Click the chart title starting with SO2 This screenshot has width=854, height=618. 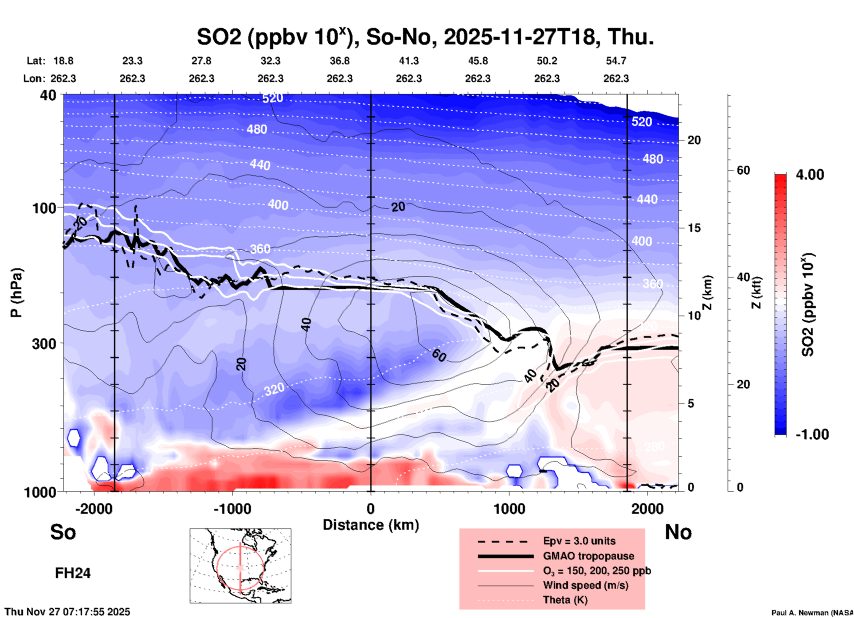coord(425,37)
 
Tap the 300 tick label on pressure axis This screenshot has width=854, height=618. coord(44,344)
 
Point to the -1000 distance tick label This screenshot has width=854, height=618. coord(232,509)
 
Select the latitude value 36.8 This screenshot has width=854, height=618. coord(340,61)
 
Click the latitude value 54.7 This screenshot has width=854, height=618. coord(616,61)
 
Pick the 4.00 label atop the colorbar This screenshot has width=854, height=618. coord(810,175)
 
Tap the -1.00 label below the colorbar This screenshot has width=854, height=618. coord(811,434)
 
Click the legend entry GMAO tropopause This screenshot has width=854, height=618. coord(588,556)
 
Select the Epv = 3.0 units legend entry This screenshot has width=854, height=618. coord(579,541)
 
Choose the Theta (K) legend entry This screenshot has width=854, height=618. coord(565,600)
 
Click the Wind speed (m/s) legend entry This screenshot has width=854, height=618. coord(585,586)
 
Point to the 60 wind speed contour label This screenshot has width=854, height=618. coord(439,355)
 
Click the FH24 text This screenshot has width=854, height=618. coord(73,573)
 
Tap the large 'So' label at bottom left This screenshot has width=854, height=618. coord(63,532)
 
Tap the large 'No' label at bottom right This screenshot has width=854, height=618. coord(678,532)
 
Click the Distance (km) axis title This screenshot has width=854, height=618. coord(371,525)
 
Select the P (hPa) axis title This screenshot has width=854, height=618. coord(16,293)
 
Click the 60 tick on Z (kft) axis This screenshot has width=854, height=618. coord(743,170)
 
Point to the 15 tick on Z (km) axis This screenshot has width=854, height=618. coord(694,228)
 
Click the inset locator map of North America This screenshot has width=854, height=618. coord(240,566)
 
